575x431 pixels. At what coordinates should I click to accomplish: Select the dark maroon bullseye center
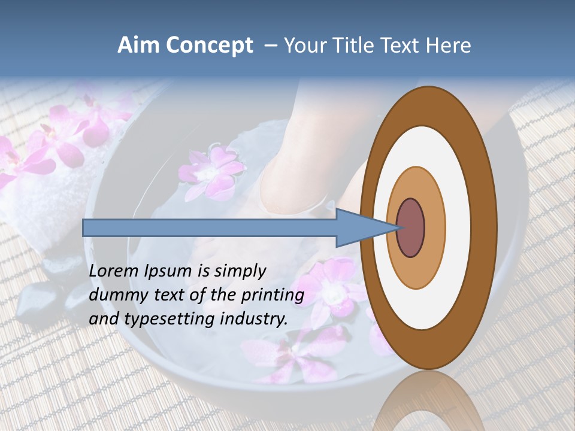pos(411,228)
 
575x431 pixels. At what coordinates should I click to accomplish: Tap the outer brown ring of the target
pos(486,228)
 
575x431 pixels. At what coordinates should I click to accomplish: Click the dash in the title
pos(271,46)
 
